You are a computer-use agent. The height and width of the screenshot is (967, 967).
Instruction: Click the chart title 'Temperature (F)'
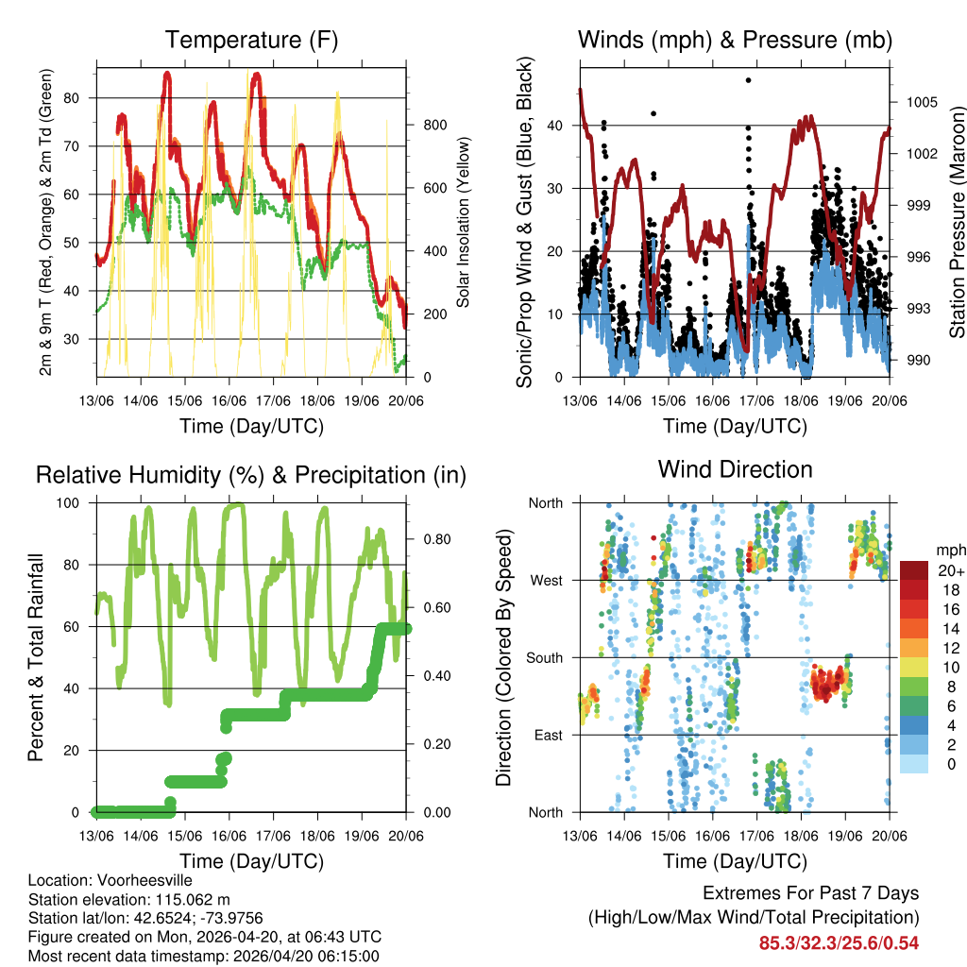[x=251, y=41]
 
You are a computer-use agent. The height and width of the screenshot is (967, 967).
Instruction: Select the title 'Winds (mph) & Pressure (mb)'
[x=735, y=41]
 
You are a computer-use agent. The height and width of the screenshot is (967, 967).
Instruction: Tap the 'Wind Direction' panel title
[x=735, y=469]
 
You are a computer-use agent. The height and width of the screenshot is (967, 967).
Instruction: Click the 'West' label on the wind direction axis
[x=546, y=580]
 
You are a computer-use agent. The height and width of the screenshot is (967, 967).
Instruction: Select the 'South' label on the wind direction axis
[x=543, y=657]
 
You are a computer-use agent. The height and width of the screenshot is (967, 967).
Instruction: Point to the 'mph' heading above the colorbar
[x=949, y=550]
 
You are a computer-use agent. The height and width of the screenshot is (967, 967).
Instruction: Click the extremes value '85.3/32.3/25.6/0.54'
[x=839, y=942]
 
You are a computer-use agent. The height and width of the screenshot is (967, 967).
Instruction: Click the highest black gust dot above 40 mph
[x=748, y=80]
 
